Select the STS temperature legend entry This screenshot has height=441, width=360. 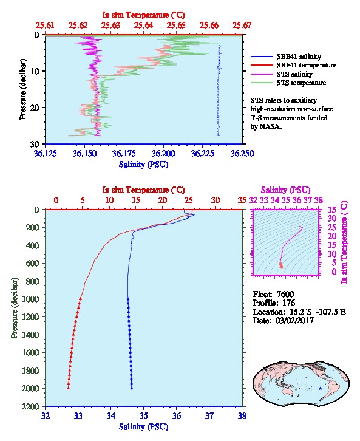pyautogui.click(x=288, y=83)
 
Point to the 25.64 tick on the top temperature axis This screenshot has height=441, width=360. pyautogui.click(x=143, y=26)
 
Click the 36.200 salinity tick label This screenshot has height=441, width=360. pyautogui.click(x=163, y=154)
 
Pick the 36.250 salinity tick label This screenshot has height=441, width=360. pyautogui.click(x=242, y=154)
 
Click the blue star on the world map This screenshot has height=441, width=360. pyautogui.click(x=320, y=388)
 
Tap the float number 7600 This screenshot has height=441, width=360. pyautogui.click(x=285, y=294)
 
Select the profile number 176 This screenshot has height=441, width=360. pyautogui.click(x=288, y=303)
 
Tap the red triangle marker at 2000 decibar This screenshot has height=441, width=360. pyautogui.click(x=68, y=388)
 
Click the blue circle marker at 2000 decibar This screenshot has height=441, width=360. pyautogui.click(x=132, y=388)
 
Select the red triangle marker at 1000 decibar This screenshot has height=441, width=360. pyautogui.click(x=80, y=299)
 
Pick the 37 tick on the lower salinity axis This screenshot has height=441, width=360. pyautogui.click(x=209, y=415)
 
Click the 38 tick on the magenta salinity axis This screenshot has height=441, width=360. pyautogui.click(x=318, y=200)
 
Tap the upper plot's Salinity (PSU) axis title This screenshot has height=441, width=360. pyautogui.click(x=144, y=165)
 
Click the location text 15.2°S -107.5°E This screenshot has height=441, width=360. pyautogui.click(x=316, y=312)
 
